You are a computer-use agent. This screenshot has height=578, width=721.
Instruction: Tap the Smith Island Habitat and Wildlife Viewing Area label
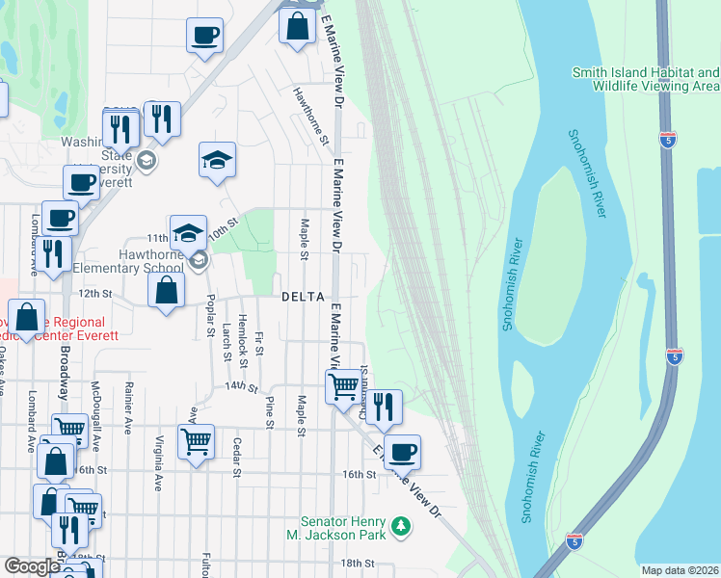[645, 79]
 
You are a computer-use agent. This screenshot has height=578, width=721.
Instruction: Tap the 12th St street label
[95, 293]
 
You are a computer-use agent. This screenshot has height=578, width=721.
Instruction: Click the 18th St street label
[357, 563]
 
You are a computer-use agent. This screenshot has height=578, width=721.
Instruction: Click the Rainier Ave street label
[127, 407]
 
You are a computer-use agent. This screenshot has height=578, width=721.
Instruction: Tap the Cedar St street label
[236, 457]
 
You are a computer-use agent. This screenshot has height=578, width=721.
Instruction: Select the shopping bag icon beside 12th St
[167, 290]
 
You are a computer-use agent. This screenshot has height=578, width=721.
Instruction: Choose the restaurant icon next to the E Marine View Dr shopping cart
[384, 407]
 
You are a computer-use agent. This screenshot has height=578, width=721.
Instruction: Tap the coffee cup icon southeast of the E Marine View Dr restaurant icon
[402, 451]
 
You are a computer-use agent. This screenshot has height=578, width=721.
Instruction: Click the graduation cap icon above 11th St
[188, 231]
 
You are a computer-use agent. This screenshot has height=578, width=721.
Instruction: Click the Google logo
[31, 566]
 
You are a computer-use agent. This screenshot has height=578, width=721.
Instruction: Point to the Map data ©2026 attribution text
[680, 570]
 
